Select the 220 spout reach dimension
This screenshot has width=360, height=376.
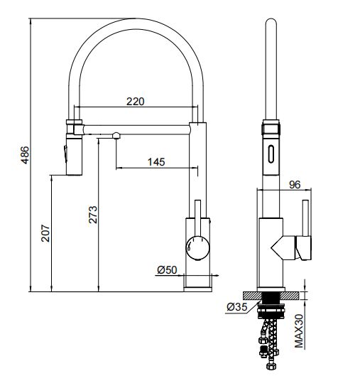(x=135, y=101)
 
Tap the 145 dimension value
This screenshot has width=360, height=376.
(x=156, y=161)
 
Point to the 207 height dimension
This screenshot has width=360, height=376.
(x=45, y=235)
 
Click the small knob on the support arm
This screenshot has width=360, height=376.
(x=114, y=134)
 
